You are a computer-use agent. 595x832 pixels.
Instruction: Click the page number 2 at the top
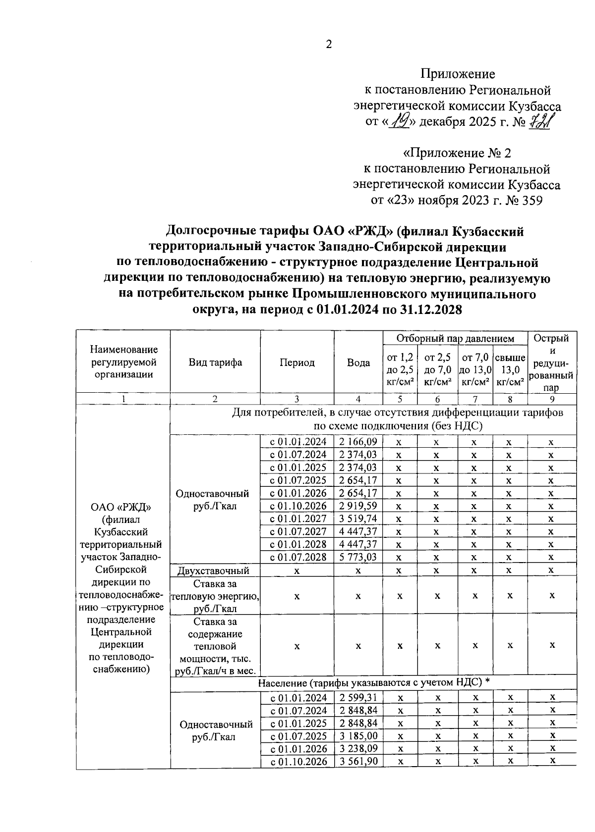coord(328,45)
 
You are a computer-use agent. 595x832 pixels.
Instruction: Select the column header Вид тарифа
coord(215,362)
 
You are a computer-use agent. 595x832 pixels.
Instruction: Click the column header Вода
coord(358,363)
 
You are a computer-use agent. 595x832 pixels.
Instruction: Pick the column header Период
coord(297,363)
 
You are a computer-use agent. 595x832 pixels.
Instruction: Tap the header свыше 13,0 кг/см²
coord(510,369)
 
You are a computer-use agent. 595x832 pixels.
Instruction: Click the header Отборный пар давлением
coord(455,338)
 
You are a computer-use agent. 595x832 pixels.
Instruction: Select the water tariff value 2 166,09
coord(358,442)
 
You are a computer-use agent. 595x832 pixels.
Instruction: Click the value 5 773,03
coord(358,557)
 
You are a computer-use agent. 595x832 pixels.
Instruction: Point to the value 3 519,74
coord(358,519)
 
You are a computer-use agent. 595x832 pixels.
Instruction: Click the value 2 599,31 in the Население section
coord(358,698)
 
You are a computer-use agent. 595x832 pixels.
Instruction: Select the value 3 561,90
coord(358,762)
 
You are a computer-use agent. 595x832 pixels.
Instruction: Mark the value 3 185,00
coord(358,736)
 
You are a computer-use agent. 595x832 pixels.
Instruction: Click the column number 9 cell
coord(551,399)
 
